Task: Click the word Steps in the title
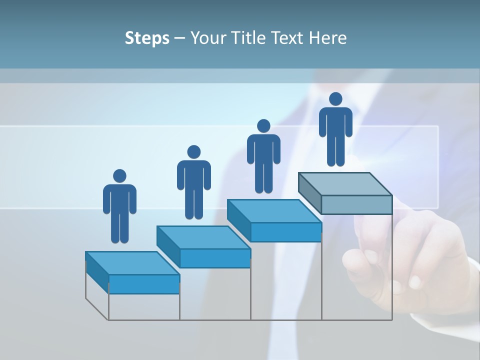147,38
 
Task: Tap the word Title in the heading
250,38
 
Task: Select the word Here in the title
328,38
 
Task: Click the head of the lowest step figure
119,176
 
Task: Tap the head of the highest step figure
335,99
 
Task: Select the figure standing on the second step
193,182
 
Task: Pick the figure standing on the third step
263,156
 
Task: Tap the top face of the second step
203,237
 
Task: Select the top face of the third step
274,211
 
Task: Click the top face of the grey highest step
345,184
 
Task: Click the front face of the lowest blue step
144,284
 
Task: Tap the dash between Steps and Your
179,38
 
